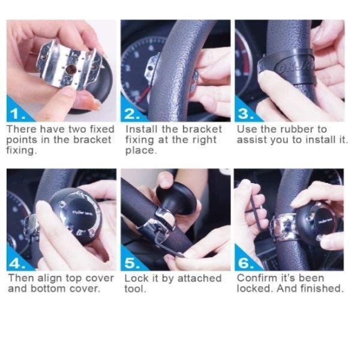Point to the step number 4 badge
[x=18, y=263]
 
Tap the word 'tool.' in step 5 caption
[x=135, y=289]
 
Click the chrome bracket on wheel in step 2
[x=155, y=66]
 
